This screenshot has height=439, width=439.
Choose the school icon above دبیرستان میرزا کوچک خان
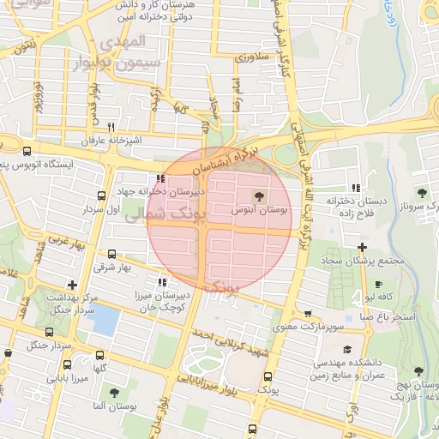[161, 281]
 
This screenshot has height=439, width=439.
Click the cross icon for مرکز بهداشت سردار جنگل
[73, 285]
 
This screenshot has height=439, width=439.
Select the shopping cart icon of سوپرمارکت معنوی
[307, 315]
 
